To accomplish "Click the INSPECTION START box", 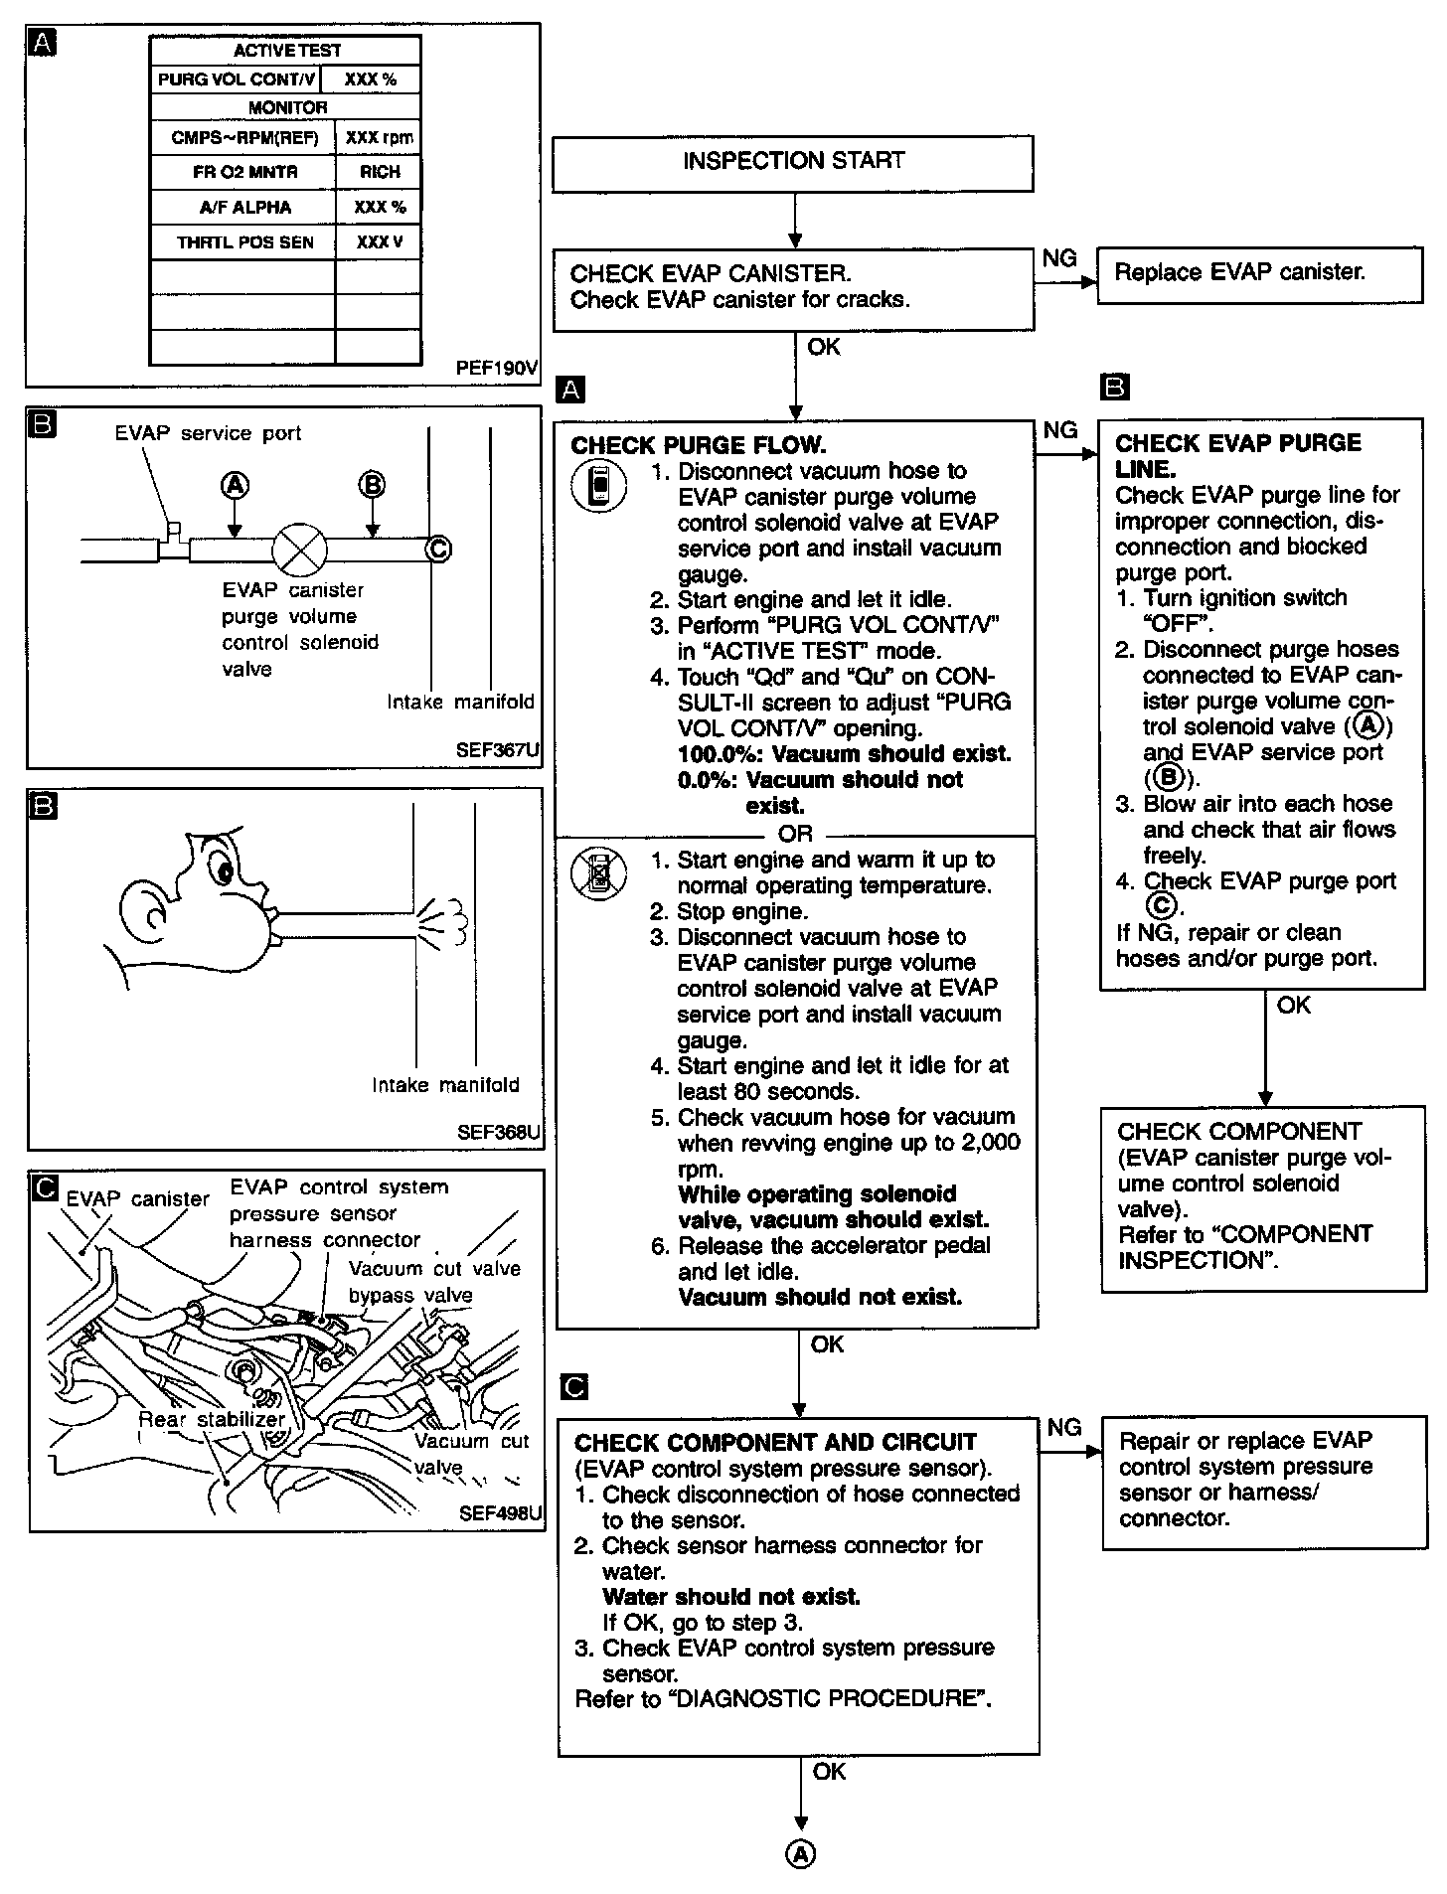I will (x=792, y=162).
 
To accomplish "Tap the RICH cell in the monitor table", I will (x=379, y=172).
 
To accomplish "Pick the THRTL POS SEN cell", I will (x=244, y=242).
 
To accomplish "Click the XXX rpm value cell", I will (x=379, y=138).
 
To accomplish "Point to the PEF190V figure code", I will (x=496, y=368).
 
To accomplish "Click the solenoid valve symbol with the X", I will (x=299, y=549).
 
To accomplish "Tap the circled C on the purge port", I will (x=438, y=549).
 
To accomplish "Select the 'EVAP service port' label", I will (x=208, y=433).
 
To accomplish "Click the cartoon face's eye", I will (x=224, y=871).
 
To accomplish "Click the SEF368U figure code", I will (x=498, y=1131).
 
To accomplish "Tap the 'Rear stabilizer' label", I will (x=211, y=1420).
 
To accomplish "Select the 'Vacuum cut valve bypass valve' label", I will (x=434, y=1282).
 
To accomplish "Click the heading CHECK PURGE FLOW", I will (x=699, y=445).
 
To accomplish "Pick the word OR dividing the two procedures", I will (x=795, y=834).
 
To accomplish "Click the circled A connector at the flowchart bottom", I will (x=801, y=1853).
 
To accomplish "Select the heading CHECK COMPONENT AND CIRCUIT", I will (x=775, y=1442).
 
